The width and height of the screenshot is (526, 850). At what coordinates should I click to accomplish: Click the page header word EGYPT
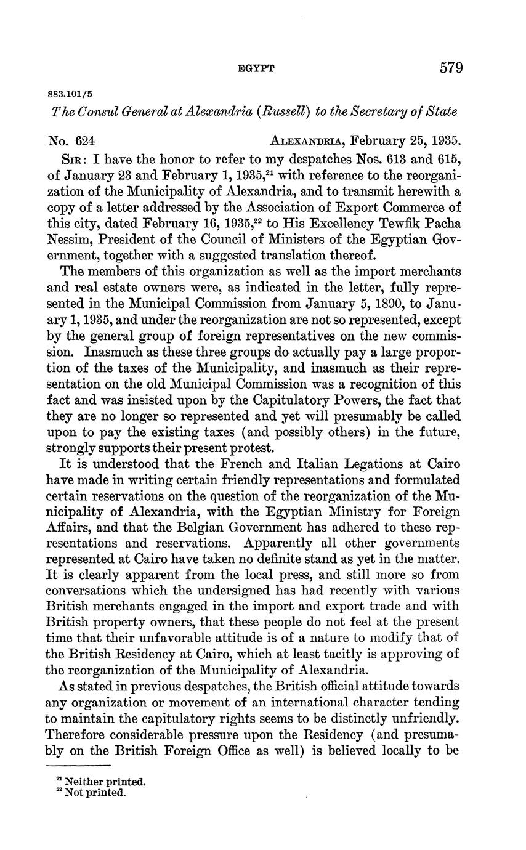[256, 69]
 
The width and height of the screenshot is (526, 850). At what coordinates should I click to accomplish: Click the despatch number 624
[83, 141]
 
